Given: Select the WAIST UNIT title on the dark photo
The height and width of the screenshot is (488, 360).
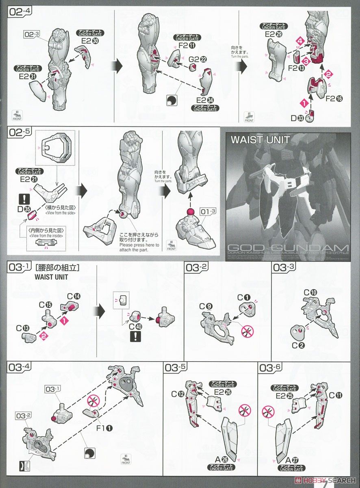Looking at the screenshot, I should point(260,140).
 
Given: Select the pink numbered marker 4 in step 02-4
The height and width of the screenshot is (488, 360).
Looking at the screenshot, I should point(300,41).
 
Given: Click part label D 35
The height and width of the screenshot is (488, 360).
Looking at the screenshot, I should point(24,209).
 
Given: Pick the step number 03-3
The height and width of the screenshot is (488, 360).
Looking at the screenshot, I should point(285,268).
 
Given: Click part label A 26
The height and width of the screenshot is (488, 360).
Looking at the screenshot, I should point(221,460).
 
